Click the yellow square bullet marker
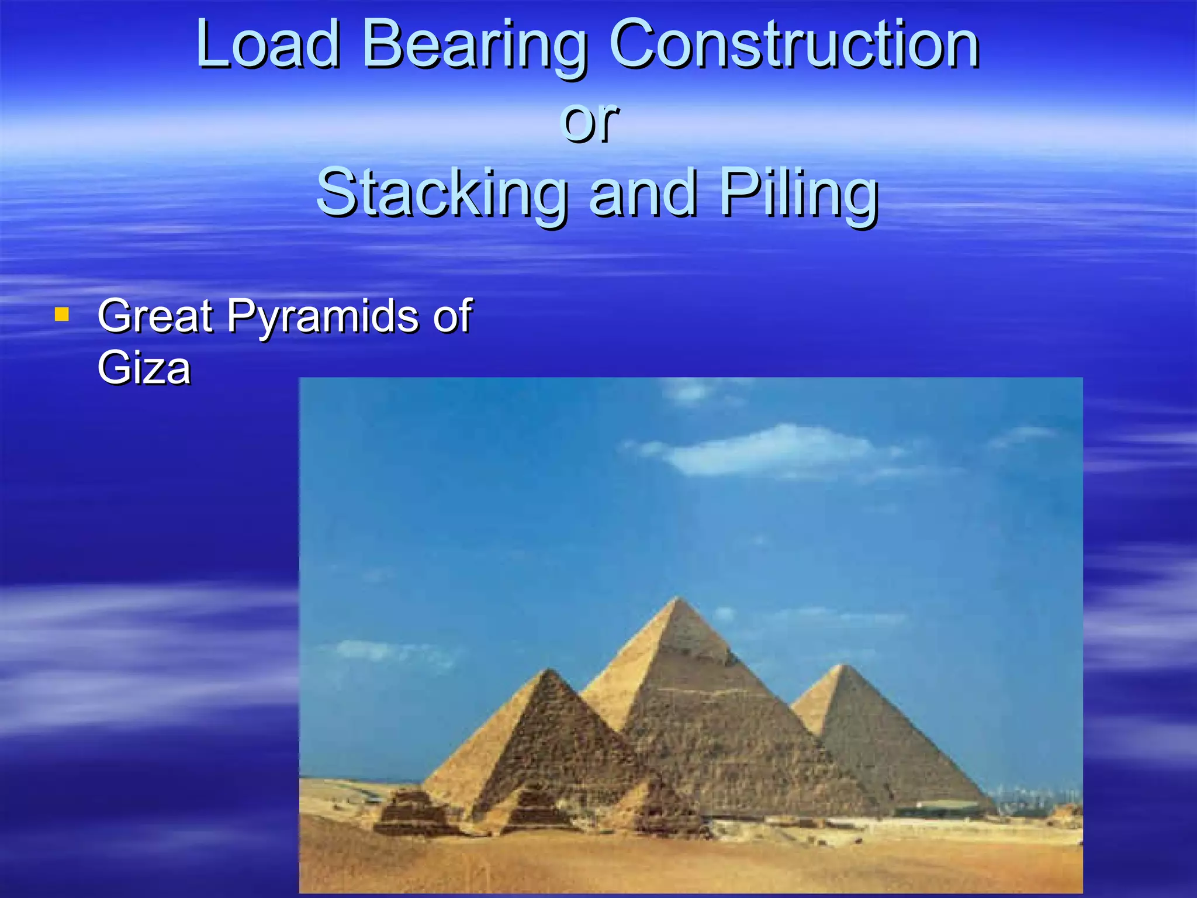(x=61, y=315)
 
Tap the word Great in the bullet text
(x=155, y=316)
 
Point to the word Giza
(x=144, y=368)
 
